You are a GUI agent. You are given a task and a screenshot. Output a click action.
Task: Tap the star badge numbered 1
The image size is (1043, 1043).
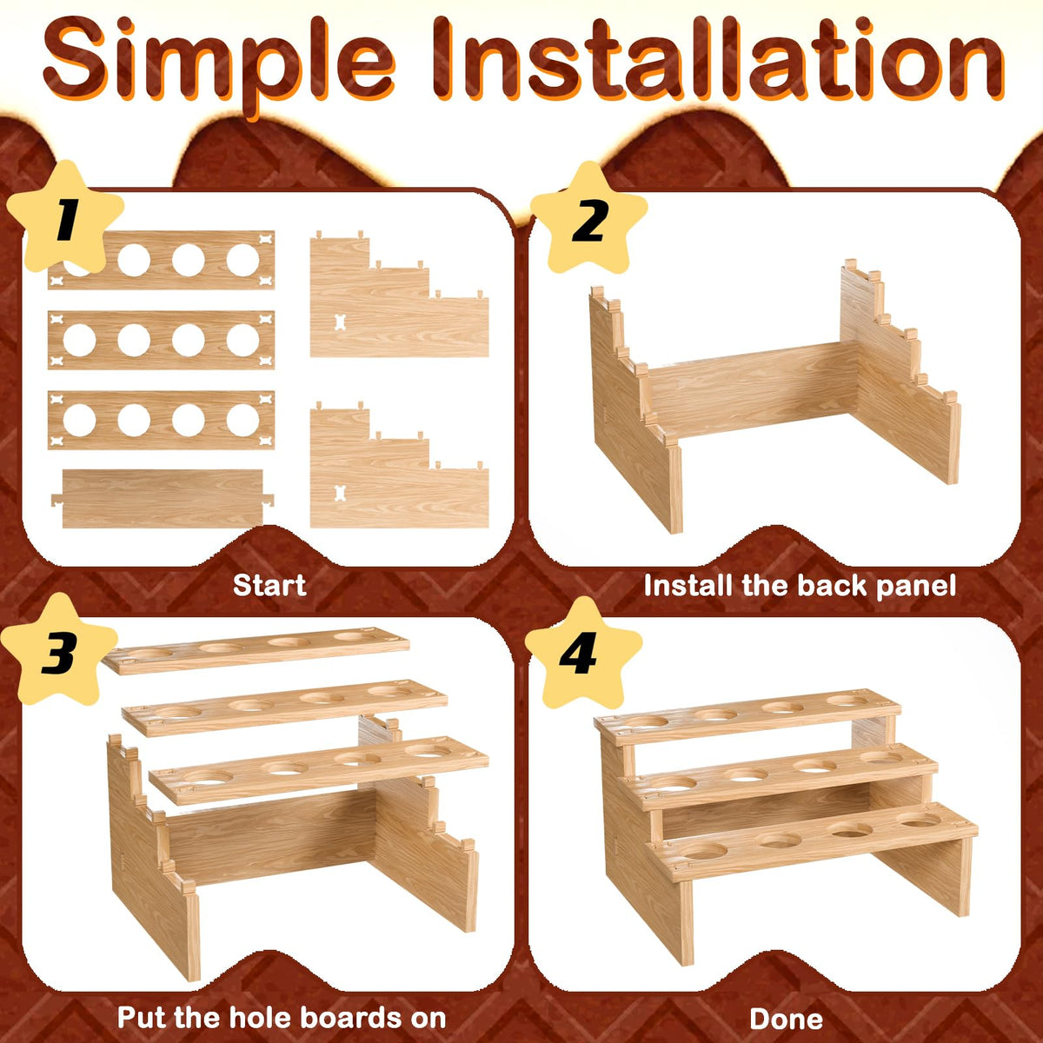point(65,217)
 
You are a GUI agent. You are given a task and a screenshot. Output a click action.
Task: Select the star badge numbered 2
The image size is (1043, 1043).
point(589,219)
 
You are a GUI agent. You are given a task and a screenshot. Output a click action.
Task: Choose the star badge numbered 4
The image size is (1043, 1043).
point(583,654)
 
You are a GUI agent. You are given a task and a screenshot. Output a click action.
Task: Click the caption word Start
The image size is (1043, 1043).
point(269,585)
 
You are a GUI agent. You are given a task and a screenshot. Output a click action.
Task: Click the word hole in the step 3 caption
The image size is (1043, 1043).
point(263,1017)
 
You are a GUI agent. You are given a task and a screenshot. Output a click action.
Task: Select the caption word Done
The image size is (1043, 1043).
point(786,1020)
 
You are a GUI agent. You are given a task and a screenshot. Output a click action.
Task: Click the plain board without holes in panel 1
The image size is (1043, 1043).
point(163,499)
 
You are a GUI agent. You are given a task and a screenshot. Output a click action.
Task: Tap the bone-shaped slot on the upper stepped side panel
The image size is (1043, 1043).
point(339,322)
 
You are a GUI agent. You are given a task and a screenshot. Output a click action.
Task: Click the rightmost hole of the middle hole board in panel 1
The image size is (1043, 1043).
point(242,341)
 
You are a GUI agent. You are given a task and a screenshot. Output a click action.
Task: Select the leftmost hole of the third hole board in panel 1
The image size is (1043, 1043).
point(80,421)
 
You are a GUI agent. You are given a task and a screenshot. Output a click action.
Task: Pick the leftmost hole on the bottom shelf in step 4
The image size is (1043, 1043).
point(704,852)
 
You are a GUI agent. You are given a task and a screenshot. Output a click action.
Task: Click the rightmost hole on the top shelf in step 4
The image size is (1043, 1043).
point(847,701)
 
